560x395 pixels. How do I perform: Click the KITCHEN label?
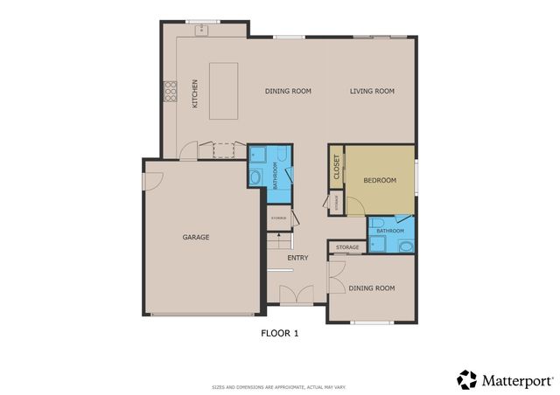coord(195,94)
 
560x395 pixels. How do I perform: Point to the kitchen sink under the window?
coord(201,29)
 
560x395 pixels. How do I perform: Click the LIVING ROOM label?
coord(373,91)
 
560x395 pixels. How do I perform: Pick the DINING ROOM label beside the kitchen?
coord(289,91)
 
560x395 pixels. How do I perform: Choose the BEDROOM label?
coord(381,180)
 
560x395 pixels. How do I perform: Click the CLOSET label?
coord(337,168)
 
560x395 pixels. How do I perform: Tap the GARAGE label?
coord(196,237)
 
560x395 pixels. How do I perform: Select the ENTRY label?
coord(298,258)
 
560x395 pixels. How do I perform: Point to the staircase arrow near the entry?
coord(278,240)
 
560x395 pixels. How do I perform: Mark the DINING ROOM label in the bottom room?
coord(371,288)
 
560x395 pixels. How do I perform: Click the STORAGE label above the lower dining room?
coord(347,248)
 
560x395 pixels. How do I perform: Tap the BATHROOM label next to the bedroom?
coord(390,231)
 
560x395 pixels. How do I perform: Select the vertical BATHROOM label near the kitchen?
coord(275,175)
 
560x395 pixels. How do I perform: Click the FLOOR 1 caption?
coord(280,333)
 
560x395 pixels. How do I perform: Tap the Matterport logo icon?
coord(467,379)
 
